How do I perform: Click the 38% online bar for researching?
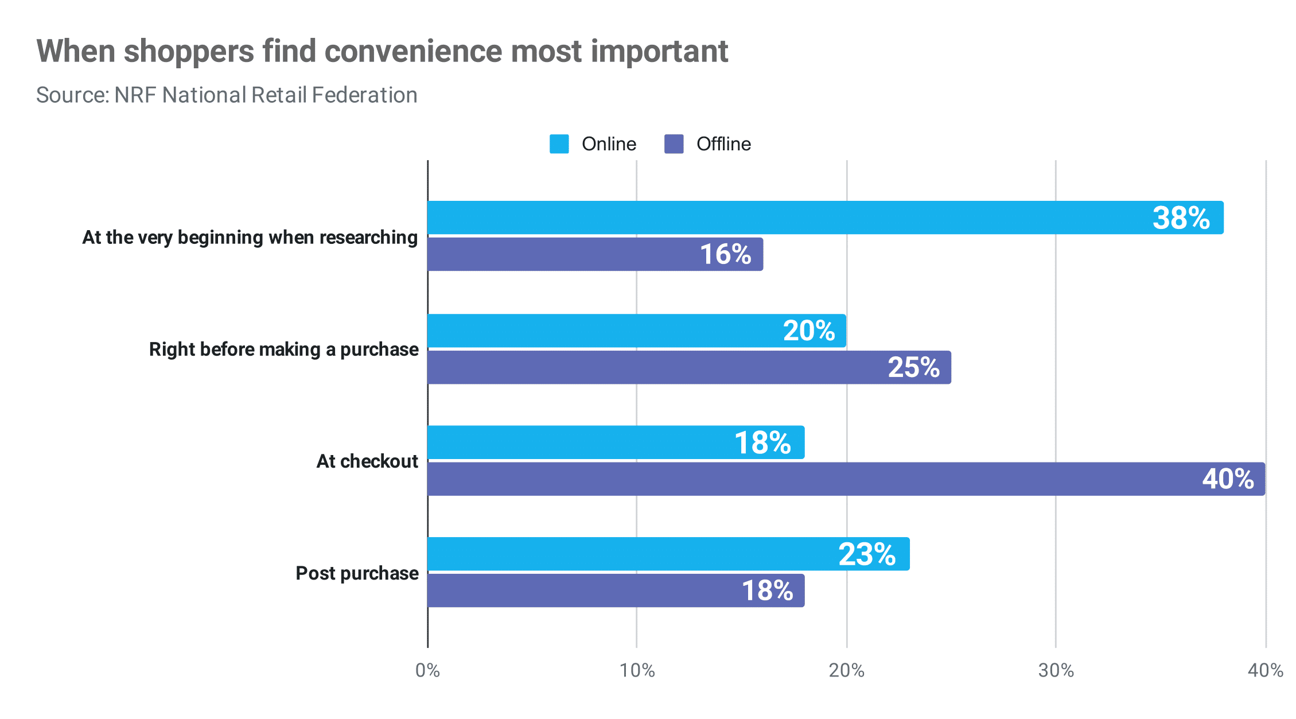[x=825, y=217]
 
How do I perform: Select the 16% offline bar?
[x=595, y=254]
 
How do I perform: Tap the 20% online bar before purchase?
[x=637, y=331]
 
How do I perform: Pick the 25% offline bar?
[x=688, y=367]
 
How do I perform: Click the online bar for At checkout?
[x=616, y=442]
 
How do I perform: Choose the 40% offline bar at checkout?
[x=846, y=479]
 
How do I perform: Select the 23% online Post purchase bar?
[x=668, y=554]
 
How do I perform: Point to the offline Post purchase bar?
[x=616, y=590]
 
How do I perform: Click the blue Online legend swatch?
[x=559, y=144]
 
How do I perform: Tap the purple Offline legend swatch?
[x=674, y=144]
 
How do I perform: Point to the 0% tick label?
[x=427, y=670]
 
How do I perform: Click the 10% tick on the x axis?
[x=637, y=670]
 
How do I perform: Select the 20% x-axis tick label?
[x=846, y=670]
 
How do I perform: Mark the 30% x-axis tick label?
[x=1056, y=670]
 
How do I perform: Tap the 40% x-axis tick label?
[x=1265, y=670]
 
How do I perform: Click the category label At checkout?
[x=367, y=461]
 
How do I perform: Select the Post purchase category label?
[x=357, y=573]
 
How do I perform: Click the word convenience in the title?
[x=414, y=52]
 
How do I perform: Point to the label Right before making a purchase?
[x=283, y=349]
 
